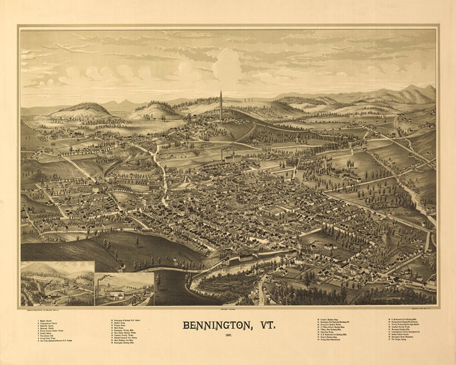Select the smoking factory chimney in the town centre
(221, 154)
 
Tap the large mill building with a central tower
(232, 158)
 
